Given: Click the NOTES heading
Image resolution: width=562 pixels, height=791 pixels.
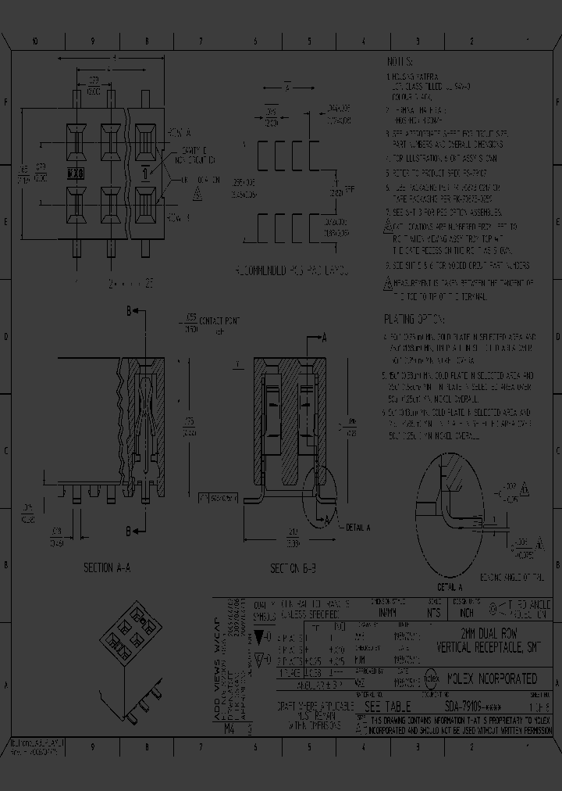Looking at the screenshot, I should (402, 61).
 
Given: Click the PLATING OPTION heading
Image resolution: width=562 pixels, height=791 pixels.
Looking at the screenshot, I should (414, 320).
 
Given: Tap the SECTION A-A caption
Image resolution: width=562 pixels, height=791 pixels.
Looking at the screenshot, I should (107, 567).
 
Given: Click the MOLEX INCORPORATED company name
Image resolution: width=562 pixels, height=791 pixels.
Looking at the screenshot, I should (491, 678).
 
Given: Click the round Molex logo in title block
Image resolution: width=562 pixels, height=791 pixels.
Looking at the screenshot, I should (431, 678).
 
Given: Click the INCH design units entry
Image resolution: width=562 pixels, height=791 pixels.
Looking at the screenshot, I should (466, 614).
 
